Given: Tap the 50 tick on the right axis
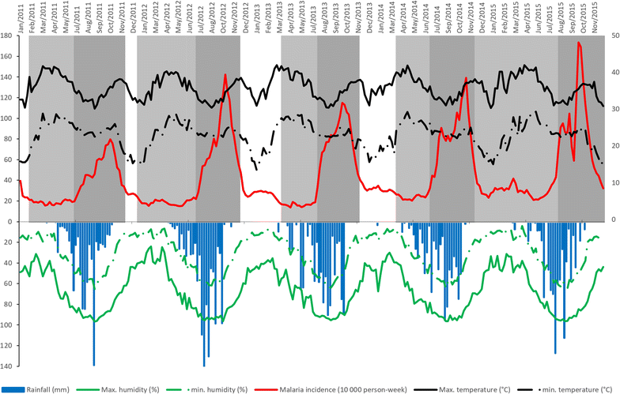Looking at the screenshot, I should pyautogui.click(x=614, y=36).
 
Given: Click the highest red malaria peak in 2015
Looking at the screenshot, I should pyautogui.click(x=580, y=43).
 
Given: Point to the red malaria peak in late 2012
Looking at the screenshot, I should pyautogui.click(x=225, y=75).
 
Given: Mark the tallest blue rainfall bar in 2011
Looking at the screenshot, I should pyautogui.click(x=94, y=365).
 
